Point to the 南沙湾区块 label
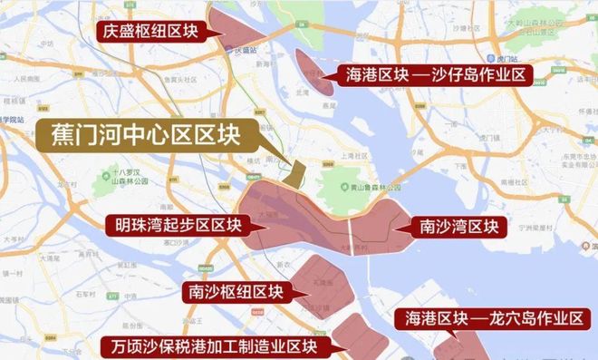click(x=458, y=224)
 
